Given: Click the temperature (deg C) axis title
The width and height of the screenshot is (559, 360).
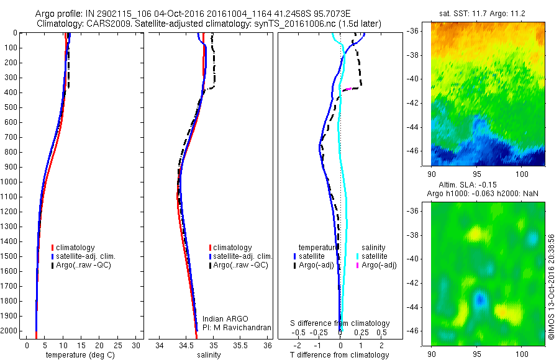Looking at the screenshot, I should (x=79, y=355).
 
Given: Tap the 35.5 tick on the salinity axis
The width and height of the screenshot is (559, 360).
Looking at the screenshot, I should (x=241, y=345).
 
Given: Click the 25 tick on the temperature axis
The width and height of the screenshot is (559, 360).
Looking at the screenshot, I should (x=118, y=345).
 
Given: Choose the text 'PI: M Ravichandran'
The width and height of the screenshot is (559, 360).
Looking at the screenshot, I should (x=237, y=327).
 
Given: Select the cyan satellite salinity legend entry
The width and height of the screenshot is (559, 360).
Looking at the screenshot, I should (x=375, y=256).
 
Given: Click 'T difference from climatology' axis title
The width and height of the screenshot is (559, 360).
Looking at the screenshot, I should (x=340, y=355).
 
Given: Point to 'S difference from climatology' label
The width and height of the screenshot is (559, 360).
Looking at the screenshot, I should (x=340, y=323).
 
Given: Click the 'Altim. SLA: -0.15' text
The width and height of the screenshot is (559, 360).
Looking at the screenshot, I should (x=464, y=186).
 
